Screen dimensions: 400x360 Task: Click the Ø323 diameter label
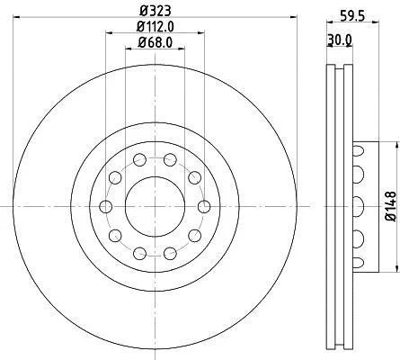pos(156,11)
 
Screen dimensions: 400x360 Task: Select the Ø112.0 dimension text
pos(156,27)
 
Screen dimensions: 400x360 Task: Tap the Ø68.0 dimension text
pos(156,42)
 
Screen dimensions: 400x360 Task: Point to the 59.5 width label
pos(352,16)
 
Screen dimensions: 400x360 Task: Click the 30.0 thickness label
pos(339,39)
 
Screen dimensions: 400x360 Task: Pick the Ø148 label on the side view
pos(391,206)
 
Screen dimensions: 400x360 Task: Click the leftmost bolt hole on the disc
pos(105,206)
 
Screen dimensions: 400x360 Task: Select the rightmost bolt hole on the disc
pos(204,206)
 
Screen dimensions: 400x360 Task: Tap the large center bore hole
pos(155,206)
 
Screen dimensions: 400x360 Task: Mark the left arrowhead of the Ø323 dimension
pos(17,17)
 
